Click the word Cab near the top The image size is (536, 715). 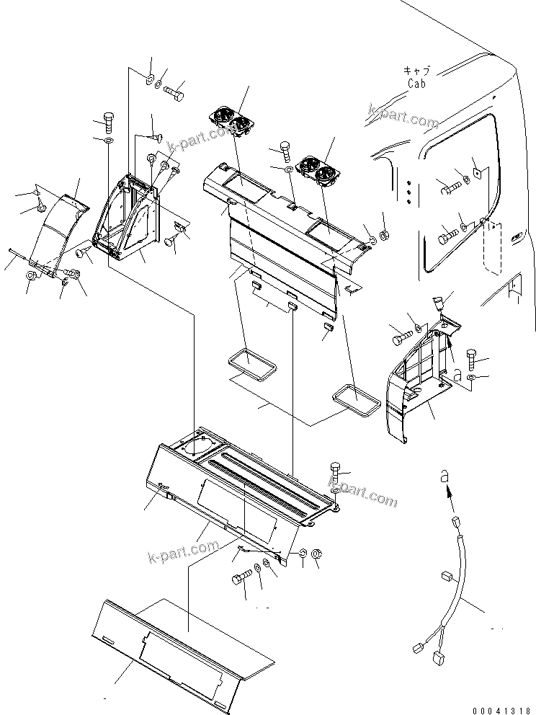pos(416,84)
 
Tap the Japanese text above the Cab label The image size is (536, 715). pos(416,71)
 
